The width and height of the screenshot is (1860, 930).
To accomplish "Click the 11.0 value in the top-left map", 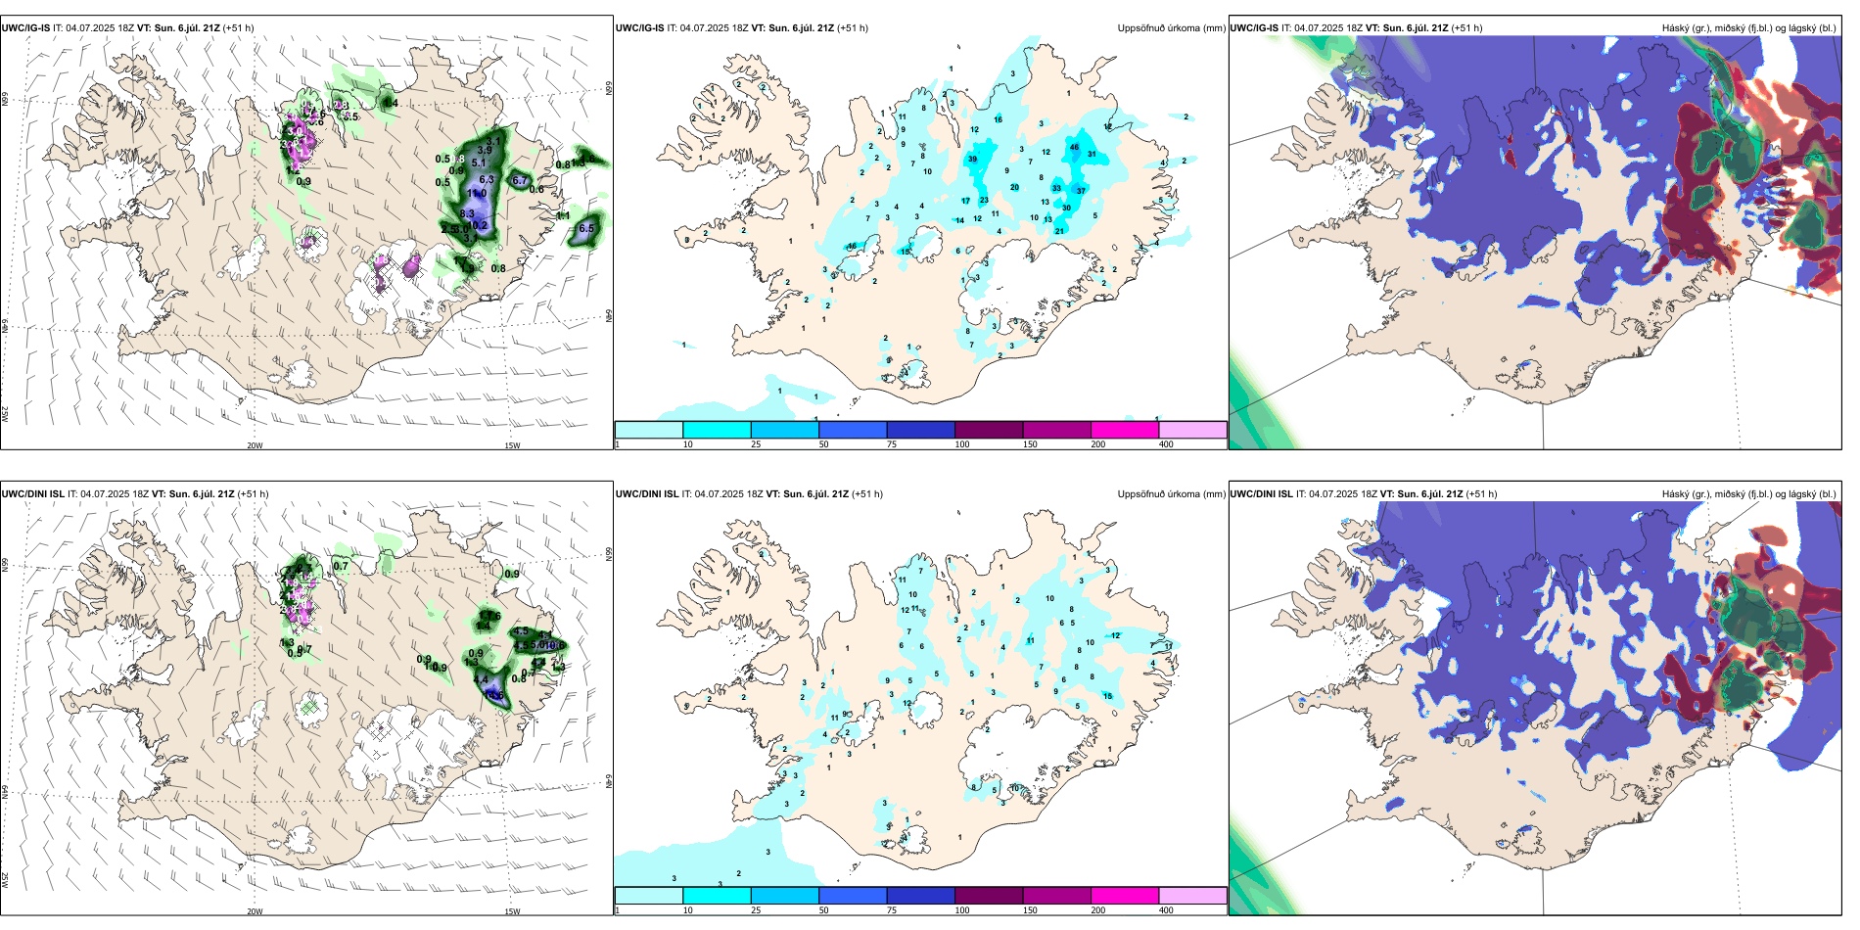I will coord(477,194).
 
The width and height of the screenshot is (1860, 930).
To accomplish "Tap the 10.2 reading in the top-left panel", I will coord(477,226).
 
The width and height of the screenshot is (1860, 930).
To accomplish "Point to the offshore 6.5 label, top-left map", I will coord(586,228).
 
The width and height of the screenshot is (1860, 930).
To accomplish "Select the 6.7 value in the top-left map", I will coord(520,181).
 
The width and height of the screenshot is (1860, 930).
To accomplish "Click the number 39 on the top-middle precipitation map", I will coord(972,159).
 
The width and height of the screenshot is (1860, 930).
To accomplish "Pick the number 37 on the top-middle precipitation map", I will coord(1081,191).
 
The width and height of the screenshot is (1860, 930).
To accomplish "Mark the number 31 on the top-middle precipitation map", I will coord(1092,155).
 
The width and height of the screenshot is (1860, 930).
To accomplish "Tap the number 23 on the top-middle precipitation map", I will coord(984,201).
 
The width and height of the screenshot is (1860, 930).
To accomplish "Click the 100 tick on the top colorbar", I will coord(962,444).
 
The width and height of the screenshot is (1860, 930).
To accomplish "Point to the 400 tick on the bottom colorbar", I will coord(1166,910).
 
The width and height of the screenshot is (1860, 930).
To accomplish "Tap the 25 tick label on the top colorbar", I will coord(756,444).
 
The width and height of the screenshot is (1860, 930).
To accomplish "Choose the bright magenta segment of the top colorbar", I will coord(1125,430).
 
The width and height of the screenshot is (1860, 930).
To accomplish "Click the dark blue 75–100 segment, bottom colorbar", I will coord(920,896).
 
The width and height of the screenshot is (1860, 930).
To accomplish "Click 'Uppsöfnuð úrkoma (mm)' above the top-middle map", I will coord(1171,28).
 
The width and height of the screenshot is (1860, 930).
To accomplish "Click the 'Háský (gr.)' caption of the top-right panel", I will coord(1687,28).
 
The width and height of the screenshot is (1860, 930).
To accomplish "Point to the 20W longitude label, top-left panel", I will coord(255,445).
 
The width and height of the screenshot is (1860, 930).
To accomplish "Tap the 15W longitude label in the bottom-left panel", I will coord(512,911).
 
